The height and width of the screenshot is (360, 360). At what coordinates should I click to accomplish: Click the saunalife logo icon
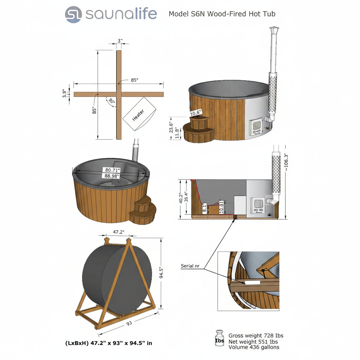74,15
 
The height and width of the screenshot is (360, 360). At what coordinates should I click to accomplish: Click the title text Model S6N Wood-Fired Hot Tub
222,14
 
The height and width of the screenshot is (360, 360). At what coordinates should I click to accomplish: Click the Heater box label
139,115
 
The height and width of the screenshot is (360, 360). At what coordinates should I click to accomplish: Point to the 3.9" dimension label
64,94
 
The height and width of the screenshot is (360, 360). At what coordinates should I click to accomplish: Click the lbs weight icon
220,339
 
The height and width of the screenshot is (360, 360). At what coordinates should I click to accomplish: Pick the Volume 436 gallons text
254,347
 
